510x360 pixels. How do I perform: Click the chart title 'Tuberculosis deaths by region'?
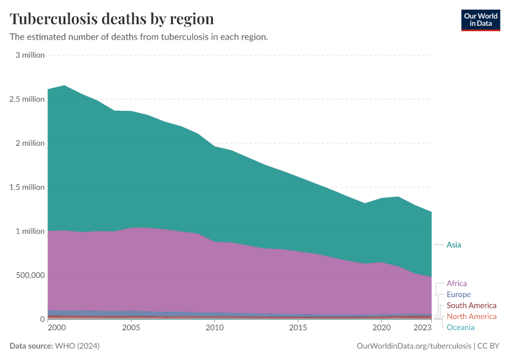click(112, 18)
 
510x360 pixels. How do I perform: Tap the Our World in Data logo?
click(480, 20)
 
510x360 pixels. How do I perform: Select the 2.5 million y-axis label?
click(28, 99)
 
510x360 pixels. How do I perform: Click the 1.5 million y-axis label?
click(28, 187)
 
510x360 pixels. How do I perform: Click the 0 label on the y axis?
click(42, 319)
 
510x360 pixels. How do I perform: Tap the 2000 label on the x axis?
click(56, 328)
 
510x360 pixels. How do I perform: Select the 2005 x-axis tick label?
click(131, 328)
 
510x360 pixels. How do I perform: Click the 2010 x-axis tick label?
click(214, 328)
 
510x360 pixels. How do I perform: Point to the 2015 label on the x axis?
click(298, 328)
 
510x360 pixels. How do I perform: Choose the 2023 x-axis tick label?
click(422, 328)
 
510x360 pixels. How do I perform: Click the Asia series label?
click(454, 245)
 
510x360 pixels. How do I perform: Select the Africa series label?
click(457, 283)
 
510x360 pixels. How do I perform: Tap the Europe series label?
click(458, 295)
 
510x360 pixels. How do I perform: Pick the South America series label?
click(472, 305)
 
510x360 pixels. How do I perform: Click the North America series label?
click(472, 316)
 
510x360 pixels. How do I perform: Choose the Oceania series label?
click(460, 327)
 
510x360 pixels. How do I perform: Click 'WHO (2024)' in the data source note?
click(77, 346)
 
